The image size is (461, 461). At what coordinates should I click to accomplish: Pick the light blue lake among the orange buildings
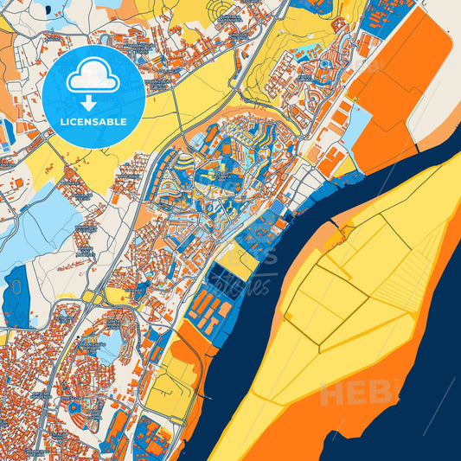[x=111, y=347]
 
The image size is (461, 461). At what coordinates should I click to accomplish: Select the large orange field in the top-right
[x=402, y=86]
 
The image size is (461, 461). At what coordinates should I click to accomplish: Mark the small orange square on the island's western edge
[x=347, y=232]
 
